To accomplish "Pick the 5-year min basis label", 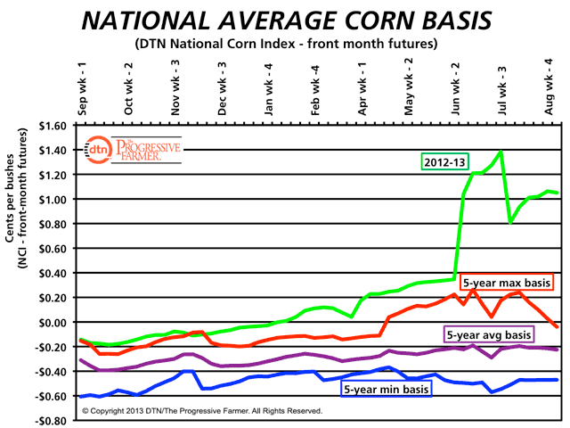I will [386, 389].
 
